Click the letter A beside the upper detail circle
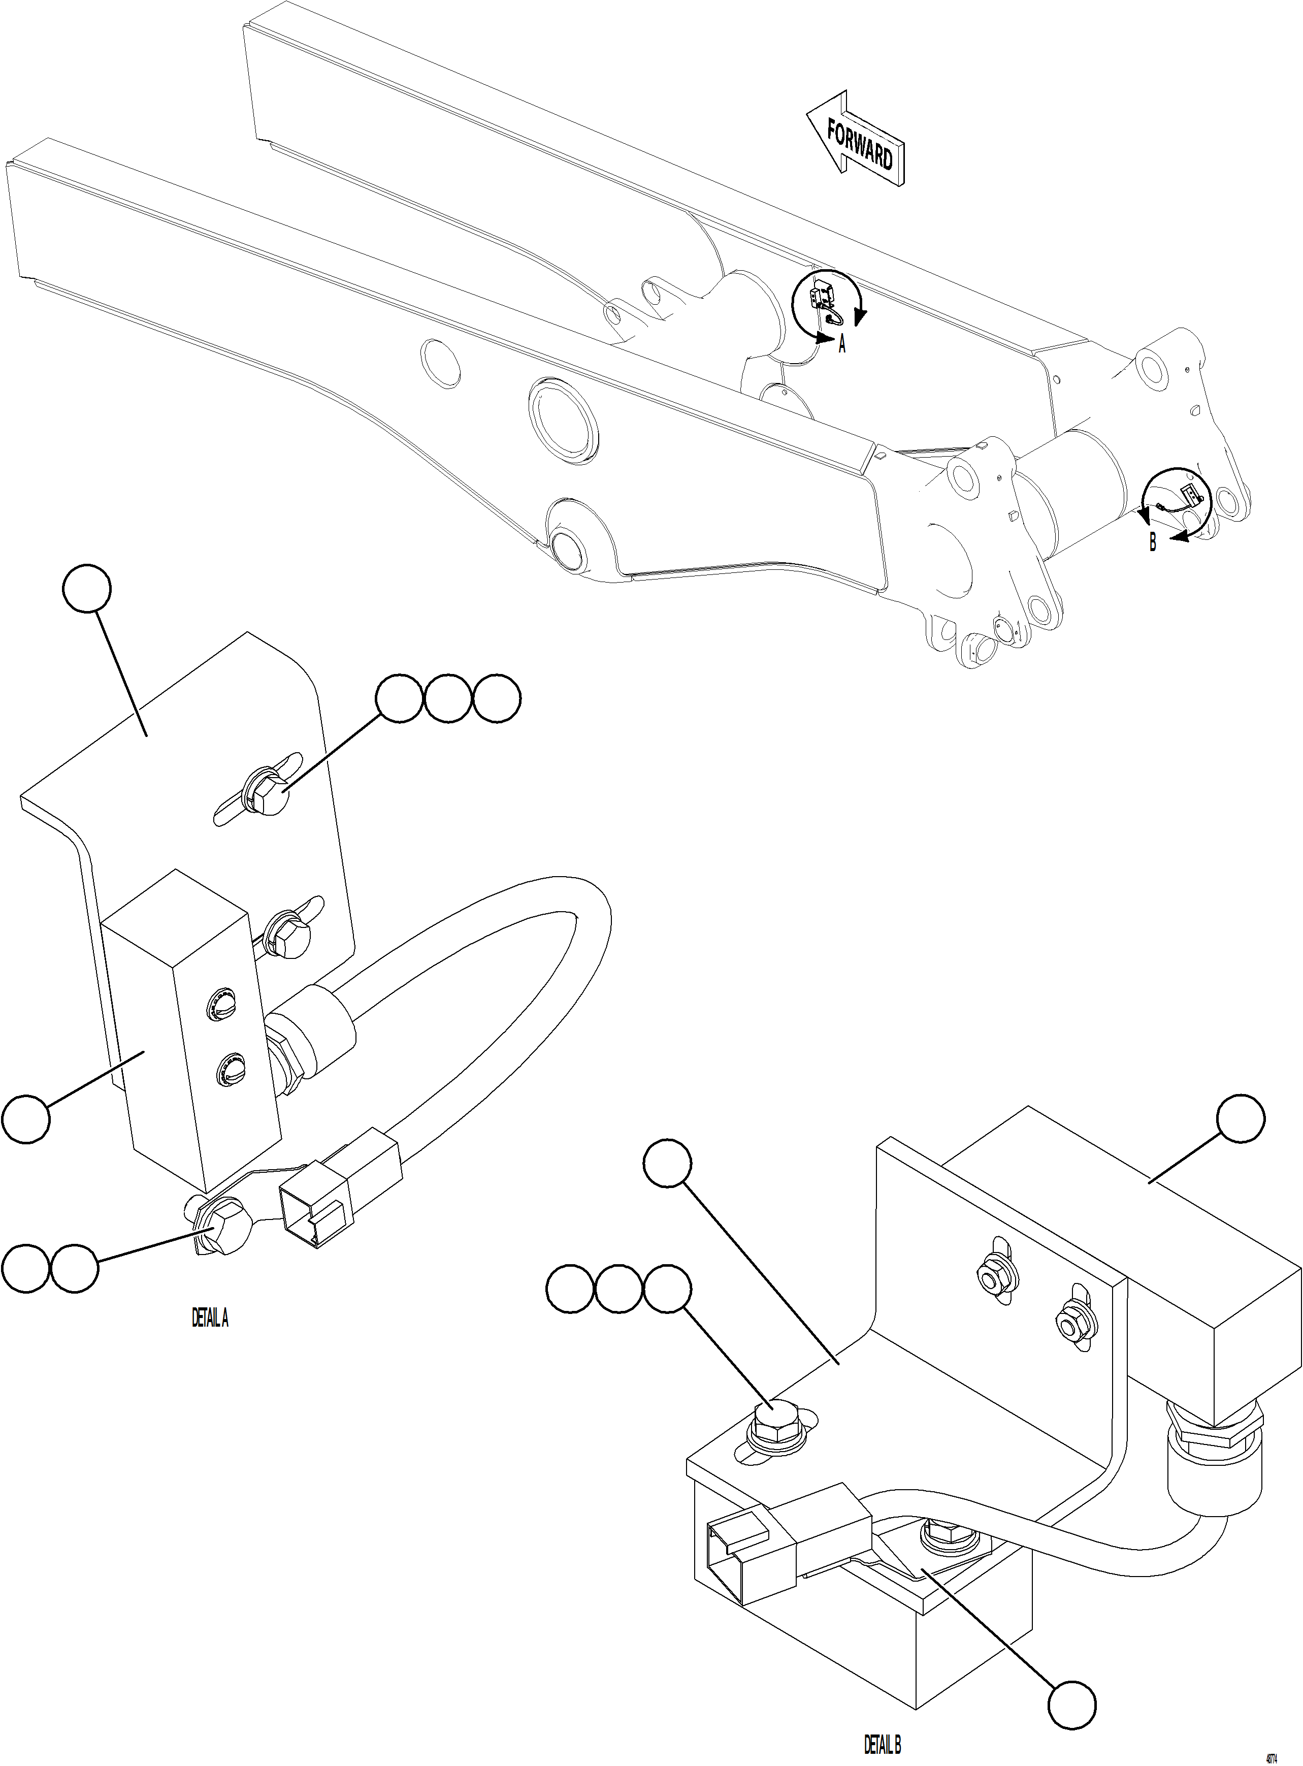point(841,345)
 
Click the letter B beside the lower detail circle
point(1152,542)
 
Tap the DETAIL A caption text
point(210,1318)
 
